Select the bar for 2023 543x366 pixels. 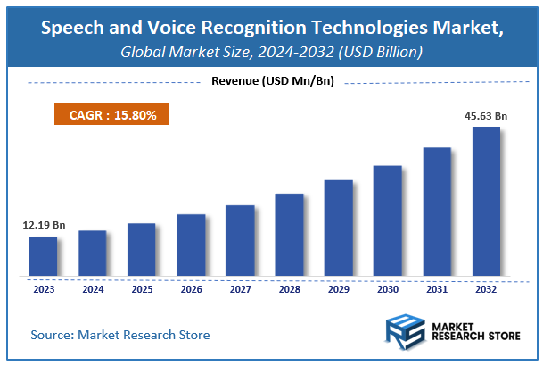tap(43, 255)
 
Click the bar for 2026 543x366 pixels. tap(191, 244)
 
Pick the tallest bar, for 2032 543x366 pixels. tap(486, 201)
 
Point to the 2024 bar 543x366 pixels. tap(92, 253)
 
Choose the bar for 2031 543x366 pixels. tap(437, 211)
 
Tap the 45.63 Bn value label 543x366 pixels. tap(486, 115)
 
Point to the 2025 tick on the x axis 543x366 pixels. tap(141, 288)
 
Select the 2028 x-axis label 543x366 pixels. tap(289, 288)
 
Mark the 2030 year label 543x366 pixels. tap(387, 288)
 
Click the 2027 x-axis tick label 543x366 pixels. tap(240, 288)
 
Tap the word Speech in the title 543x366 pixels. tap(73, 29)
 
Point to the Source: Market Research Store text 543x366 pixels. tap(120, 335)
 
